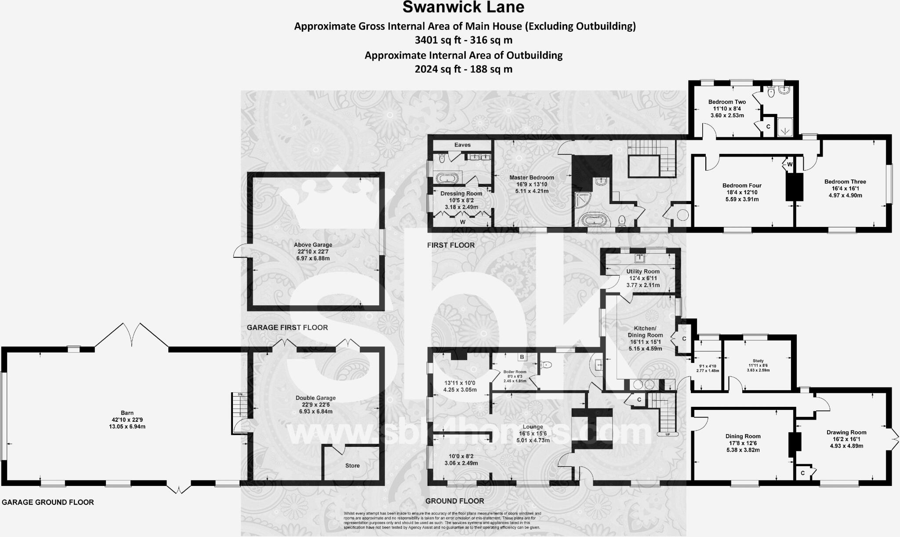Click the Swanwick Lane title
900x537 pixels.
(x=464, y=7)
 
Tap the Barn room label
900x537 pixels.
(x=127, y=413)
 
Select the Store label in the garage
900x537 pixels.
(x=352, y=466)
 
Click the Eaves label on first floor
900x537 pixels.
(x=462, y=145)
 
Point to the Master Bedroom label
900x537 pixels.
(x=531, y=178)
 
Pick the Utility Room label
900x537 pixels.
(x=643, y=271)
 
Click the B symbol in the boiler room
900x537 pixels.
(x=522, y=357)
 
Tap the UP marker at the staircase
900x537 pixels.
(x=668, y=434)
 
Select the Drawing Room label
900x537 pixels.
(x=846, y=432)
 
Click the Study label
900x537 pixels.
(x=758, y=361)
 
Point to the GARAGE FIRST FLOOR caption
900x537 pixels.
(x=287, y=328)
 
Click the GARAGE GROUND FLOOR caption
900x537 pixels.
(x=48, y=502)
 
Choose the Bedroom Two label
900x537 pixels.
(x=727, y=102)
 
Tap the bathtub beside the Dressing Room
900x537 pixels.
(x=447, y=178)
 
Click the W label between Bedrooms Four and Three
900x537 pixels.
(x=790, y=164)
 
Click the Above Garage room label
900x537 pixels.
(x=313, y=245)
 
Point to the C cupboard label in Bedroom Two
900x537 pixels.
(x=768, y=127)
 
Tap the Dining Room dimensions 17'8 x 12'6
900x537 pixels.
(x=743, y=443)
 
